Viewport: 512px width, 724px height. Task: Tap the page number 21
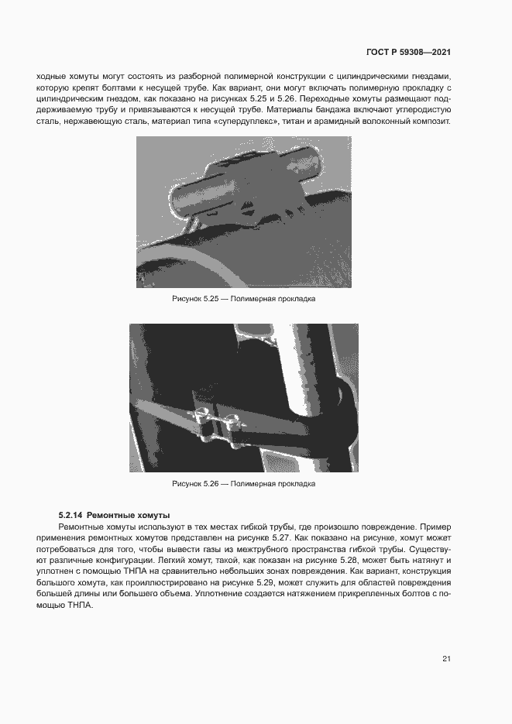(x=446, y=659)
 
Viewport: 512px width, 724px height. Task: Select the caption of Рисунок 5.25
(x=243, y=298)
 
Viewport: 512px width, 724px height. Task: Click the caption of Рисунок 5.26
(x=243, y=484)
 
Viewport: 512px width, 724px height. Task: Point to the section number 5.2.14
(x=70, y=515)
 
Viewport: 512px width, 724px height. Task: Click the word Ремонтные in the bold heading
(x=108, y=515)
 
